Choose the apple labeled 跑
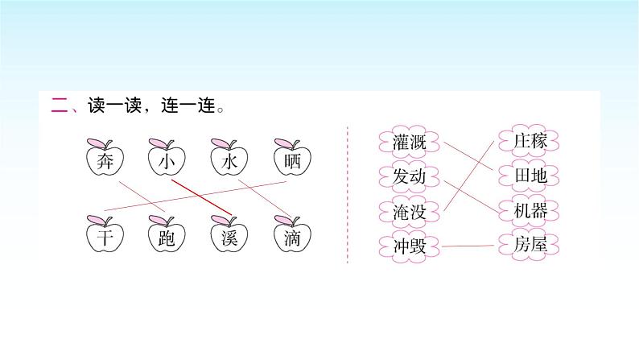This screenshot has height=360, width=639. pos(167,237)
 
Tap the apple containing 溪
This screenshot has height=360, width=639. pos(229,237)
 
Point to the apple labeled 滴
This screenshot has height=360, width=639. pos(291,237)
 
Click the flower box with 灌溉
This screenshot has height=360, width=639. pos(408,142)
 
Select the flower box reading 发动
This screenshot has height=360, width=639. pos(408,176)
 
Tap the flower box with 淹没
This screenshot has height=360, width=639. pos(408,210)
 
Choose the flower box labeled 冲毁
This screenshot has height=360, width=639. pos(408,245)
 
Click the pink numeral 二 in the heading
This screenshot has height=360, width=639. pos(59,105)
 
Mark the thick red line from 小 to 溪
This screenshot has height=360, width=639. pos(201,199)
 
